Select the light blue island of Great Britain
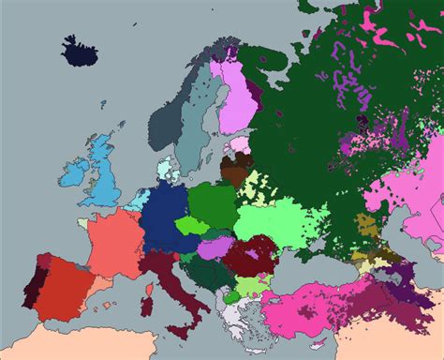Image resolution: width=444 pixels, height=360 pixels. point(104,183)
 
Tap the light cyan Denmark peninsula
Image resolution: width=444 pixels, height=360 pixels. point(165,171)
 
